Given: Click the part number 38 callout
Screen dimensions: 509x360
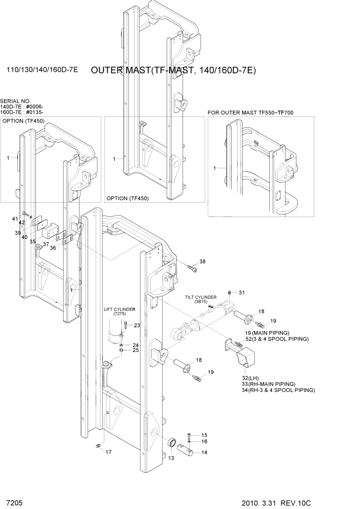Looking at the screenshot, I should coord(202,262).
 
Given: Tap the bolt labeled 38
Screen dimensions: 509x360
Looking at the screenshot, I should coord(192,267).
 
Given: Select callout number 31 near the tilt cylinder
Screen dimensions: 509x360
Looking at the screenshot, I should coord(242,292).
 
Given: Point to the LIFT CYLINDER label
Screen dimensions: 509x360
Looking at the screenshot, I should coord(119,309).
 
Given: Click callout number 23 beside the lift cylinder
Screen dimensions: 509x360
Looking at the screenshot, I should coord(137,325).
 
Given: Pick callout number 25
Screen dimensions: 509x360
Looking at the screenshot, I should coord(136,350).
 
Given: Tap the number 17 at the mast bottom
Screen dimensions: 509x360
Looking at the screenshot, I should coord(108,452).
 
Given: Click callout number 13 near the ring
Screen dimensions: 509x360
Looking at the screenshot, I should coord(171,458).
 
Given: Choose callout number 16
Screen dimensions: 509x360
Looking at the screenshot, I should coord(204,441).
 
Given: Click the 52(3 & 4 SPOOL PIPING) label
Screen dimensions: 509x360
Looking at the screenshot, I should coord(277,339).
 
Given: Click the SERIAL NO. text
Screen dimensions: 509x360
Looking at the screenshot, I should coord(15,101).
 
